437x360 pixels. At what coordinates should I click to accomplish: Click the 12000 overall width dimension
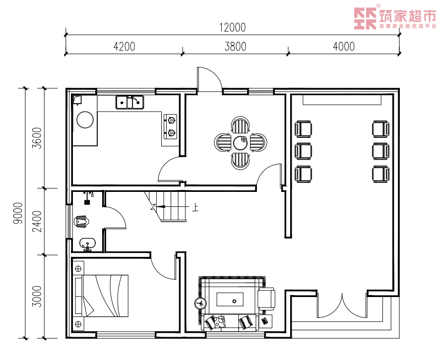pos(233,28)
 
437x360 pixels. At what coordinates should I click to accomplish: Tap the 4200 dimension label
pos(125,47)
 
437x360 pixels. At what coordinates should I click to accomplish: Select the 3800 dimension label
pos(236,47)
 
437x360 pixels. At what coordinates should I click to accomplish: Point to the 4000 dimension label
pos(344,47)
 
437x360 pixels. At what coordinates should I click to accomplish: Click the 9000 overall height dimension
pos(18,213)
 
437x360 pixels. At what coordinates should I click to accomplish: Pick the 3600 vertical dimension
pos(37,138)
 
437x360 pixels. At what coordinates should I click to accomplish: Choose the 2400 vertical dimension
pos(37,222)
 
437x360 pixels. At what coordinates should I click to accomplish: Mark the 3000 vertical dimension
pos(37,297)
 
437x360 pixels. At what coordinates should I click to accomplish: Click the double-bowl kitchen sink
pos(129,102)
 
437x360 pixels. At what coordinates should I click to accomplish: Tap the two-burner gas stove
pos(171,126)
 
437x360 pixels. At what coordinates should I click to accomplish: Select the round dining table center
pos(240,143)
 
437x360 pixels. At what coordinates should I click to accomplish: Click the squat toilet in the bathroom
pos(82,221)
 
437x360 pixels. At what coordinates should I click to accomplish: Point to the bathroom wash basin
pos(87,244)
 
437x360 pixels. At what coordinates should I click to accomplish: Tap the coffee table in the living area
pos(230,300)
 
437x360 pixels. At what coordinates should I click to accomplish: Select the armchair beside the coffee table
pos(266,299)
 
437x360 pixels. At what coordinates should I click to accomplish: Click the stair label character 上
pos(195,207)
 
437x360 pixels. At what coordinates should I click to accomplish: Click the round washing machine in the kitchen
pos(85,120)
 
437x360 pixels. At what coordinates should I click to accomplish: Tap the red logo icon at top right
pos(365,18)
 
